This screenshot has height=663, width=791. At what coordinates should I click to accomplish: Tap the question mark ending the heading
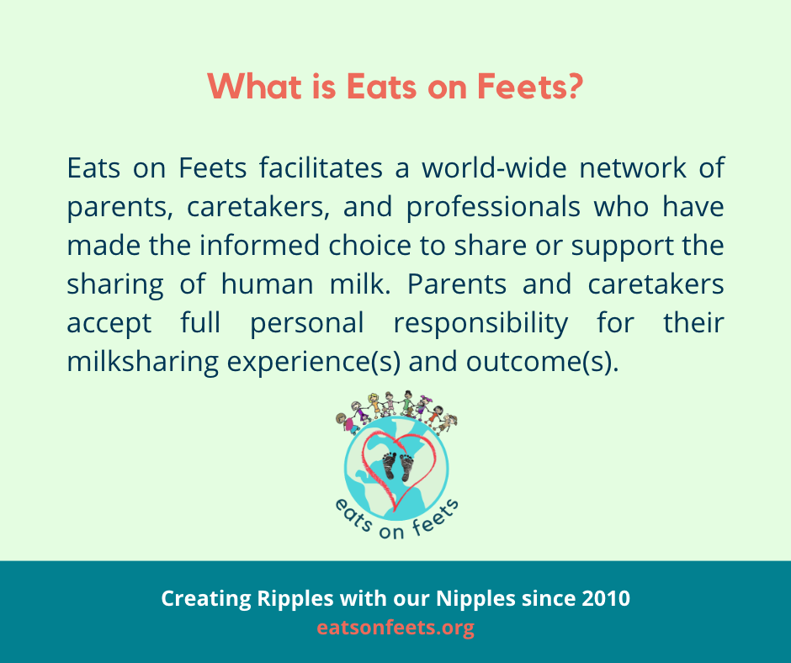point(576,88)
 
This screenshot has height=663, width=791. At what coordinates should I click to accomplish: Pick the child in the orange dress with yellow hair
point(374,406)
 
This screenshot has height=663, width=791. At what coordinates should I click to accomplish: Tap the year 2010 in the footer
point(606,599)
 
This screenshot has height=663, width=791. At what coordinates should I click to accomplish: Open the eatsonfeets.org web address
point(395,628)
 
